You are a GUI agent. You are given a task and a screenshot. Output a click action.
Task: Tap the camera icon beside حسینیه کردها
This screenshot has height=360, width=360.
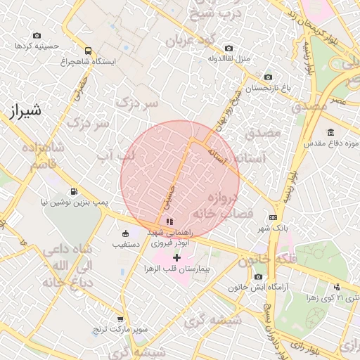37,36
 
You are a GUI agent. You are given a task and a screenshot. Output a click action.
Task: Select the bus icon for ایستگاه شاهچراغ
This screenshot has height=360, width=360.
88,51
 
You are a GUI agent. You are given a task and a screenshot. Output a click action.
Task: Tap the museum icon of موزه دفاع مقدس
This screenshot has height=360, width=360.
330,133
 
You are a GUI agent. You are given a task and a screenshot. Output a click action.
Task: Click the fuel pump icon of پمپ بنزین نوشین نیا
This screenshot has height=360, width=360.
74,191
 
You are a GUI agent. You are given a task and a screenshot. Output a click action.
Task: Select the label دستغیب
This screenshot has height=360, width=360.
126,245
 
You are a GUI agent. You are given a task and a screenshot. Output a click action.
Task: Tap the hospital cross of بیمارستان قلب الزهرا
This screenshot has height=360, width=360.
176,258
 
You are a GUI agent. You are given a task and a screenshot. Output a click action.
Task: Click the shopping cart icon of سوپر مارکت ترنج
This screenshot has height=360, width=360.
120,319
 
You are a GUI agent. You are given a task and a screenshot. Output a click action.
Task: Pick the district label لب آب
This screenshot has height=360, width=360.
117,155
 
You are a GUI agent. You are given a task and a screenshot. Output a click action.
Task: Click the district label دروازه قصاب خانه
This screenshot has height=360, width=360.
221,205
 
